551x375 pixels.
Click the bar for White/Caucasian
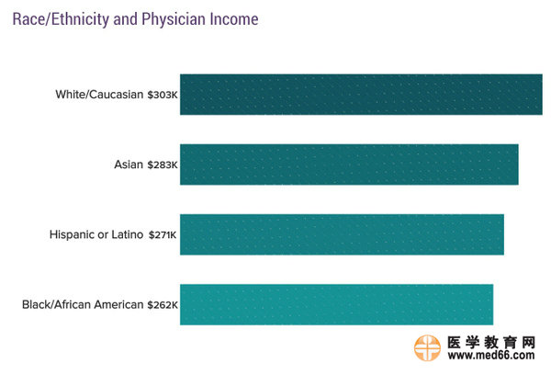coord(361,94)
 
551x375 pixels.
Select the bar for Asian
coord(349,165)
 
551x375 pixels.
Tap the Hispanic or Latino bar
coord(342,234)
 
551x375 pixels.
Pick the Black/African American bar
coord(336,304)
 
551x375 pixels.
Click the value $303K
coord(163,95)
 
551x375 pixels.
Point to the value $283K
coord(163,165)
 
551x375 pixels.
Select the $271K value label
coord(162,235)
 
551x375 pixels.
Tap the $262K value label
coord(163,305)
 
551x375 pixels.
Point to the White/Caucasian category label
coord(99,95)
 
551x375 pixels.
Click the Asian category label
coord(128,165)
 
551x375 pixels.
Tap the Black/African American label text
coord(83,305)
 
